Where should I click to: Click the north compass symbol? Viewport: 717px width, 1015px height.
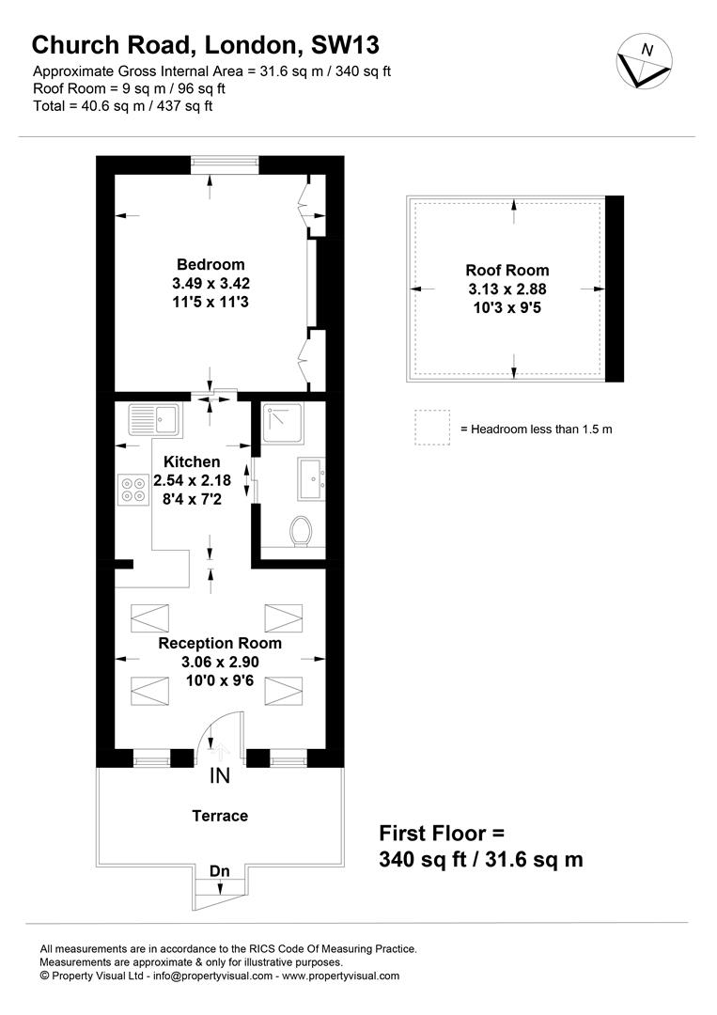tap(644, 64)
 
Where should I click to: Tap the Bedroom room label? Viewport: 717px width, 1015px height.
tap(210, 265)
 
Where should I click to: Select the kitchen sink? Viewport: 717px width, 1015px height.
tap(155, 419)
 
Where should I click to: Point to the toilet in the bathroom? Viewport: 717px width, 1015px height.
tap(302, 531)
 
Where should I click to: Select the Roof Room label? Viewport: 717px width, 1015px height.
tap(507, 271)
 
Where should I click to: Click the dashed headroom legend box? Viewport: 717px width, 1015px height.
tap(432, 428)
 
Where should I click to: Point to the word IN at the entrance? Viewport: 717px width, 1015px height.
tap(219, 776)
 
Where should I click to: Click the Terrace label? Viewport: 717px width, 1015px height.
tap(220, 816)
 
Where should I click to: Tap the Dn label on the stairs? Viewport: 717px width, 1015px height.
tap(219, 872)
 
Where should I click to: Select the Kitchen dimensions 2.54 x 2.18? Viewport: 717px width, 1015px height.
tap(192, 480)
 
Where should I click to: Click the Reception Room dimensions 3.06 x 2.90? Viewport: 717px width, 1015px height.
tap(220, 662)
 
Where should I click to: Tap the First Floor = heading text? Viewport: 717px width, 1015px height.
tap(442, 833)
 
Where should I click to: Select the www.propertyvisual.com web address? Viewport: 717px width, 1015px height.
tap(340, 976)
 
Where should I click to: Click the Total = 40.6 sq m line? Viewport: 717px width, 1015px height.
tap(123, 106)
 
